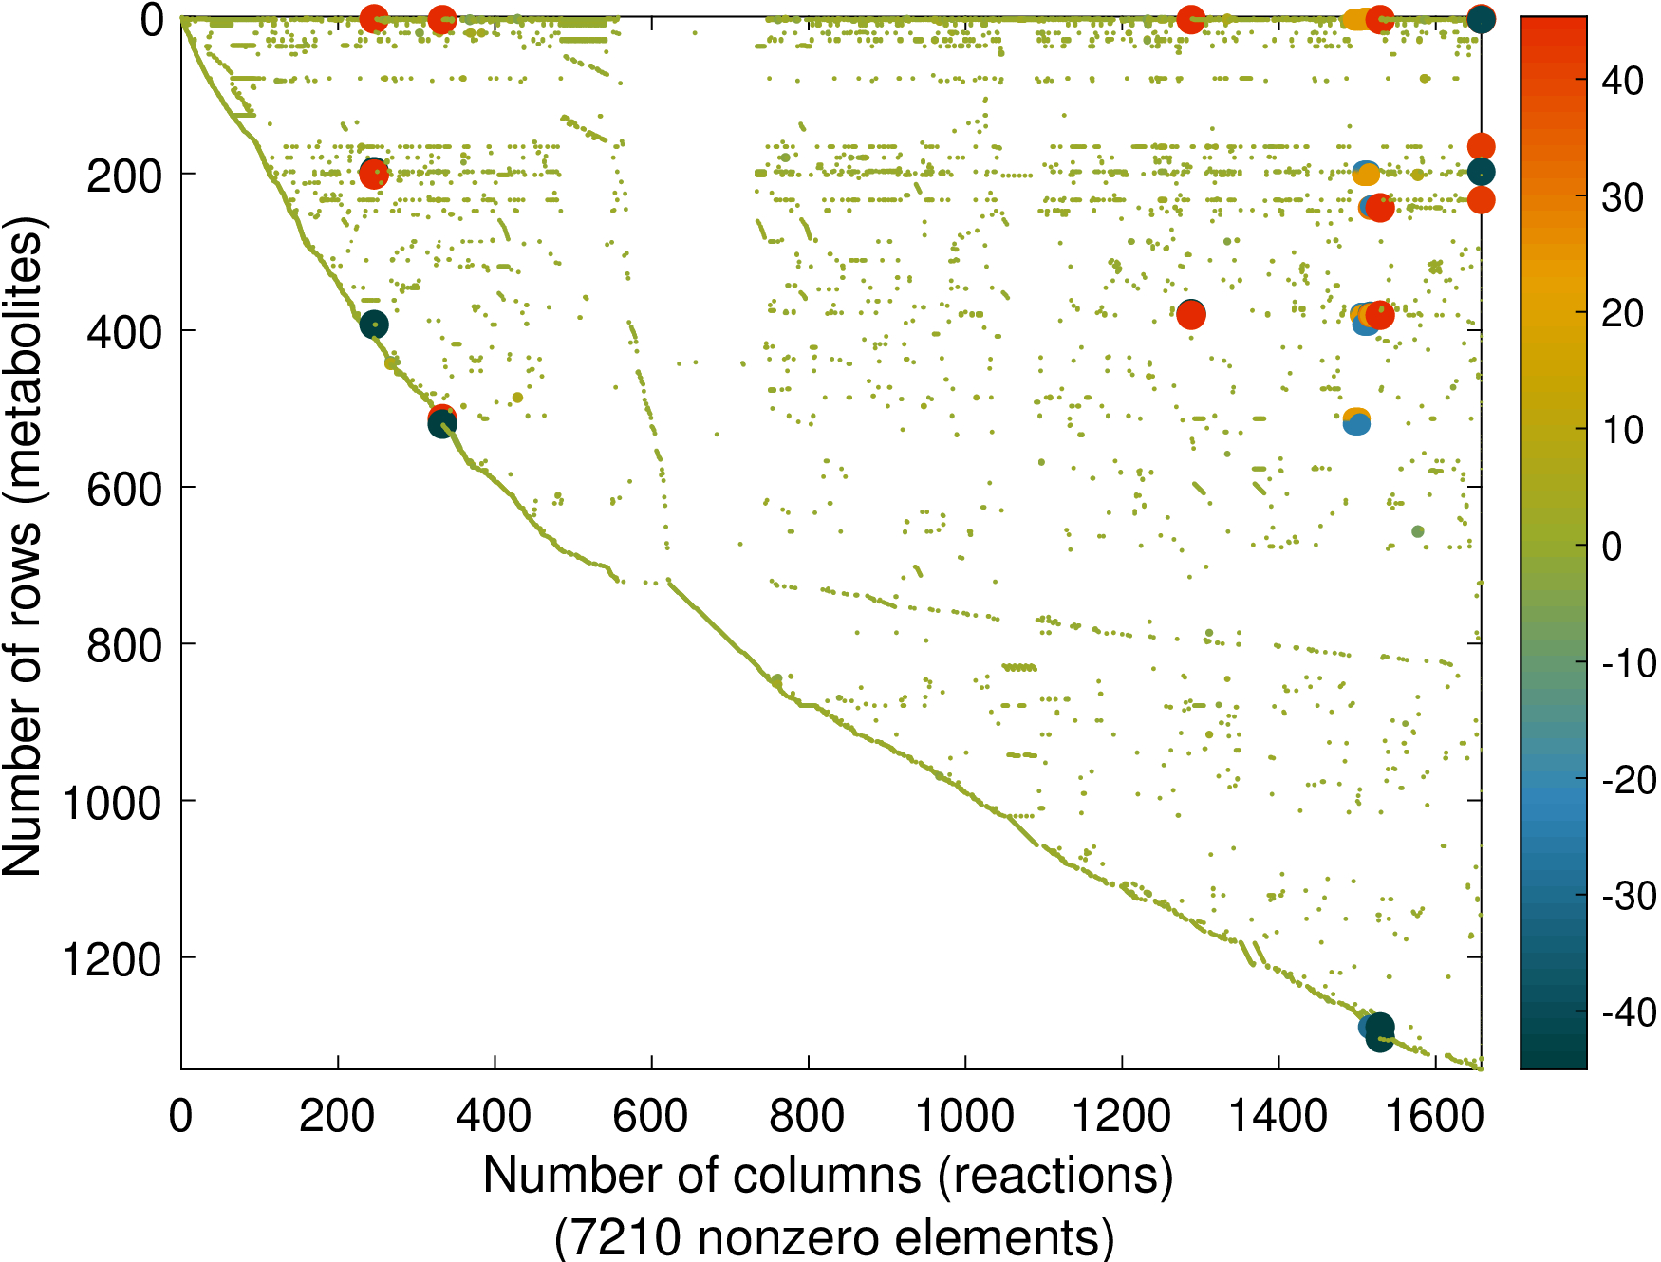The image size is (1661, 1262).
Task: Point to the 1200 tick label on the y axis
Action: pyautogui.click(x=112, y=959)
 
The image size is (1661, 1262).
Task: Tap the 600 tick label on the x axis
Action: pyautogui.click(x=650, y=1116)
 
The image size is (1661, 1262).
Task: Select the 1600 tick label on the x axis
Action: pyautogui.click(x=1434, y=1116)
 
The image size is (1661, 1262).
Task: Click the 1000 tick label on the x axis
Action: pyautogui.click(x=964, y=1116)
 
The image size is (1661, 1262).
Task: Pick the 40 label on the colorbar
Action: pyautogui.click(x=1622, y=81)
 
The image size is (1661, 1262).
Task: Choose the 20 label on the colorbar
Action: pyautogui.click(x=1622, y=313)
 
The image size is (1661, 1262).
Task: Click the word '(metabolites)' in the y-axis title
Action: pyautogui.click(x=24, y=361)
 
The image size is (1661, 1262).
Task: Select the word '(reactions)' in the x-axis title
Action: pyautogui.click(x=1056, y=1175)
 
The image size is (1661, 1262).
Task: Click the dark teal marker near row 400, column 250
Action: pyautogui.click(x=374, y=325)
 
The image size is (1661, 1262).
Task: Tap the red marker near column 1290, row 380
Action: pyautogui.click(x=1191, y=314)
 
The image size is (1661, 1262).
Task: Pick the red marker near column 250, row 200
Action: pyautogui.click(x=374, y=175)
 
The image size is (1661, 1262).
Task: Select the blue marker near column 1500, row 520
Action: pyautogui.click(x=1357, y=423)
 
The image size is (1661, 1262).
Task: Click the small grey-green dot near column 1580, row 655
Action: pyautogui.click(x=1418, y=531)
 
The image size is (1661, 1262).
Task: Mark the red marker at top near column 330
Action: pyautogui.click(x=441, y=19)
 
